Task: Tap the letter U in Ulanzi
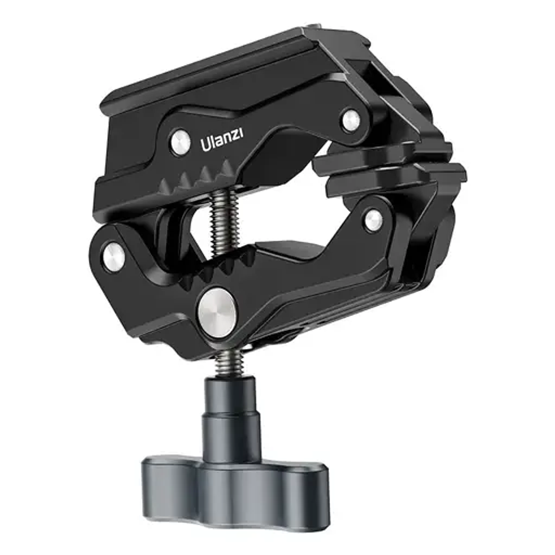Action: (205, 145)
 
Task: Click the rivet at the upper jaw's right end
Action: (351, 120)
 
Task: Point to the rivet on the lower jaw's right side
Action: (374, 220)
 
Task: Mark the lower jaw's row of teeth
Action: (229, 263)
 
